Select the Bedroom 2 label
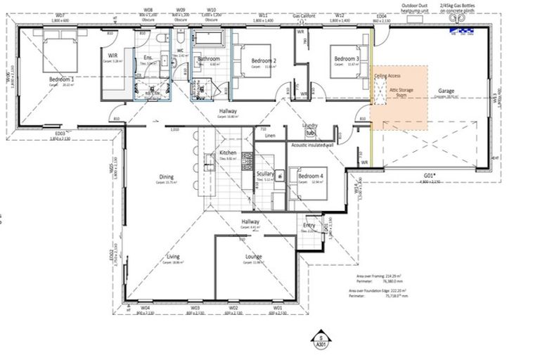[x=263, y=61]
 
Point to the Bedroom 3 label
[x=347, y=58]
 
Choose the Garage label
[x=446, y=91]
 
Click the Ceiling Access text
[x=387, y=75]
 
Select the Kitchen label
[x=227, y=153]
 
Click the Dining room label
[x=166, y=176]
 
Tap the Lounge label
[x=253, y=257]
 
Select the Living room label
[x=173, y=257]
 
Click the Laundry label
[x=309, y=126]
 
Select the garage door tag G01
[x=430, y=175]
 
